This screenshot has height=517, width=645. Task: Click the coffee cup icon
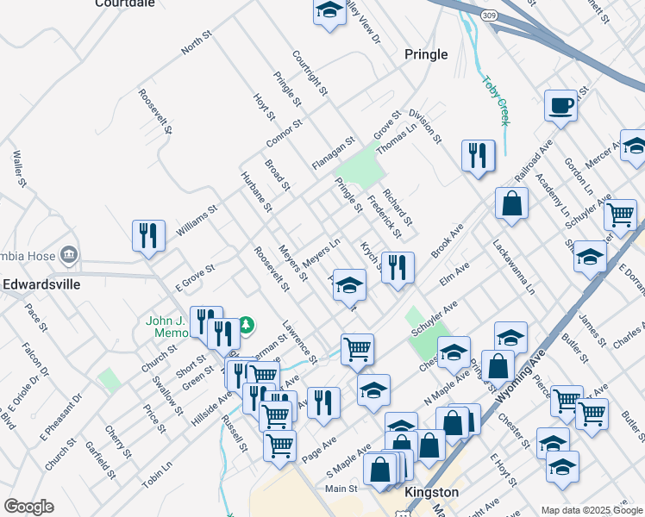click(x=560, y=105)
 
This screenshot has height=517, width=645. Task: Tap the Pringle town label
click(x=426, y=54)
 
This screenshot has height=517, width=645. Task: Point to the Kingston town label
click(x=430, y=491)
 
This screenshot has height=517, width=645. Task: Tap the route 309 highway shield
click(x=490, y=16)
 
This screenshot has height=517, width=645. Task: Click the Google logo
click(x=29, y=507)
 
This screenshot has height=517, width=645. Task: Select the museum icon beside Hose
click(x=70, y=255)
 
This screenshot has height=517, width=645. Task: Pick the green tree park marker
click(x=247, y=324)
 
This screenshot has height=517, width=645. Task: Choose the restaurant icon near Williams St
click(x=148, y=236)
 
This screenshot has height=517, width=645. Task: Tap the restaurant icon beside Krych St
click(x=398, y=267)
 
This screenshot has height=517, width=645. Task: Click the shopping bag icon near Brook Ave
click(x=511, y=203)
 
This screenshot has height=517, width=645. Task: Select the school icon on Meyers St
click(x=348, y=284)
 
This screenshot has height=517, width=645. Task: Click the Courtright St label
click(x=310, y=72)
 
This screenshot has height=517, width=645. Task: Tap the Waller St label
click(x=17, y=169)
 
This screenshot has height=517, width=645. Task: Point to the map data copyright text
click(x=591, y=509)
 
